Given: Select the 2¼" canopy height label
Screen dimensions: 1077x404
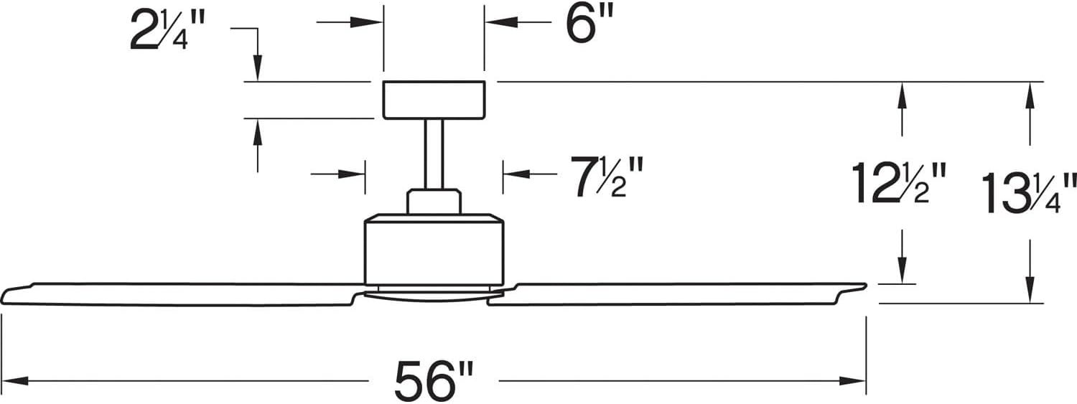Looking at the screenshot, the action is coord(167,31).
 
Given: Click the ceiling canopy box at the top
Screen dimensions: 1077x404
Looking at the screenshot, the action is coord(434,100).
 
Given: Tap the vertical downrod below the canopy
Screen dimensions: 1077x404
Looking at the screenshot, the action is coord(434,154).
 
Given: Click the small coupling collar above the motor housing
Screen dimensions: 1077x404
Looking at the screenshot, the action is coord(434,201).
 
